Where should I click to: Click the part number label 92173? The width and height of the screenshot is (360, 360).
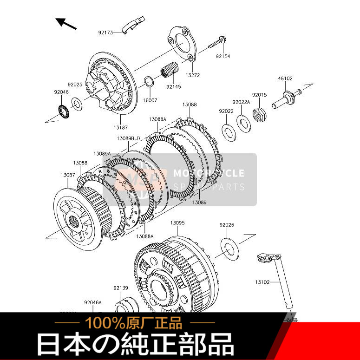(105, 33)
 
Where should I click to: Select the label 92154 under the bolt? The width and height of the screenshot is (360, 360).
(223, 56)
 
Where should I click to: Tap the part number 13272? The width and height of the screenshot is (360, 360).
(193, 75)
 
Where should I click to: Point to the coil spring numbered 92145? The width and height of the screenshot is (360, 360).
(170, 70)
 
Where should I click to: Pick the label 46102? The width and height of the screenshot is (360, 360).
(285, 79)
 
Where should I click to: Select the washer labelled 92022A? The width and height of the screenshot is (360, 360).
(242, 123)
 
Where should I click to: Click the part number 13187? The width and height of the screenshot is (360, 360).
(120, 127)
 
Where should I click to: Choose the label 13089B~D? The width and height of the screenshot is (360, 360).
(129, 138)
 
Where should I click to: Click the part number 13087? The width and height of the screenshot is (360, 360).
(67, 175)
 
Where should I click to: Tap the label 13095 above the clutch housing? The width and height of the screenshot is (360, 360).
(177, 223)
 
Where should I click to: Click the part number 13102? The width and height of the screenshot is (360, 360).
(262, 281)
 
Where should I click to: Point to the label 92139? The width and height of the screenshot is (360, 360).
(120, 288)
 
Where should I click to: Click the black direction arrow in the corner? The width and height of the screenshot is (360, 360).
(66, 23)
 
